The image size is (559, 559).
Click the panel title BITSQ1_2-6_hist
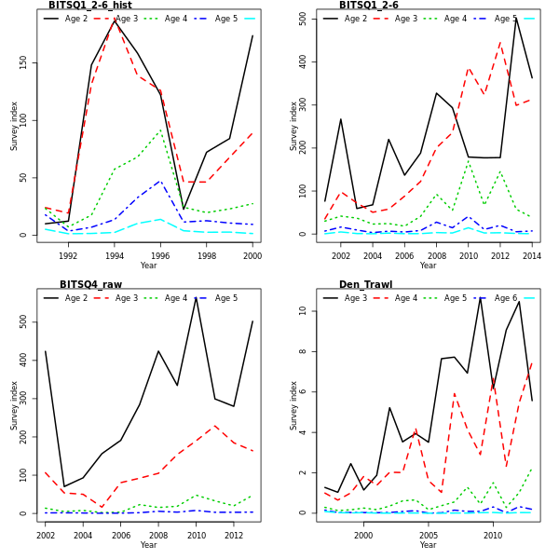pos(90,6)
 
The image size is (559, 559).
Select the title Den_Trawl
pos(366,285)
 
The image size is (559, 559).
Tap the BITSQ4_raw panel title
pos(91,285)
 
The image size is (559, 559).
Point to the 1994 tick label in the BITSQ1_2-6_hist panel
pos(115,255)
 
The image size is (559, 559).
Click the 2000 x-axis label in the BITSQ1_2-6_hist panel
pos(252,255)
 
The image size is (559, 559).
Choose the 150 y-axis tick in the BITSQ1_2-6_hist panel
pos(23,61)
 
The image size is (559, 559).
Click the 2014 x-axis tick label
pos(532,255)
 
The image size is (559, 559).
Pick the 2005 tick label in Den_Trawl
pos(428,535)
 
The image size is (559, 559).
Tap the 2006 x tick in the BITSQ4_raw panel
pos(120,535)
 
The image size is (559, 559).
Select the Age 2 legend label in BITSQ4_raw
pos(76,298)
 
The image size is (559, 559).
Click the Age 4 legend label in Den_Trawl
pos(405,298)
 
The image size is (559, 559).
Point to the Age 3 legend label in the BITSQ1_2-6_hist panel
pos(127,19)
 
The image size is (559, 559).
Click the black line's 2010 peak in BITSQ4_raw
pos(197,297)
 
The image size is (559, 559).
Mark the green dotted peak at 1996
pos(160,130)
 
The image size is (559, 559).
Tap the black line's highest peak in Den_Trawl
pos(481,296)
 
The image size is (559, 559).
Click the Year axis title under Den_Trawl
pos(428,545)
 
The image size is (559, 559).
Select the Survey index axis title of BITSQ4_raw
pos(15,405)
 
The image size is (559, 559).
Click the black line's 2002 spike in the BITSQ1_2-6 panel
pos(341,119)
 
